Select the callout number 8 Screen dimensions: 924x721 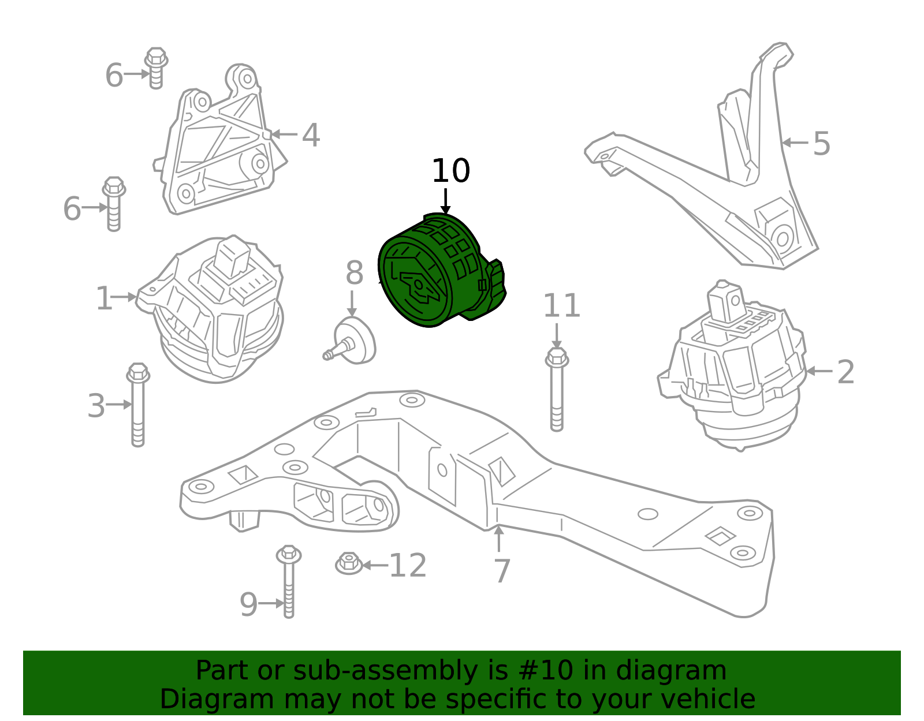pos(354,273)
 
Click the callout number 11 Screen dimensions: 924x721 pos(561,306)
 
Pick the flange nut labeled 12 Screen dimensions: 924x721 pos(349,563)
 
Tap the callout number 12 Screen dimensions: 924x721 pos(408,566)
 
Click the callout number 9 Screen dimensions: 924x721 pos(248,604)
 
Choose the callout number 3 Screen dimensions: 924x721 pos(96,406)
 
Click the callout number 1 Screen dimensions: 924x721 pos(104,298)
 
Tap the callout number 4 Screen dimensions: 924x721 pos(311,135)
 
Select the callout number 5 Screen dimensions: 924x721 pos(821,143)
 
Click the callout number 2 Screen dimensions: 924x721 pos(845,372)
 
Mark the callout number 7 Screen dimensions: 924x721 pos(502,571)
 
